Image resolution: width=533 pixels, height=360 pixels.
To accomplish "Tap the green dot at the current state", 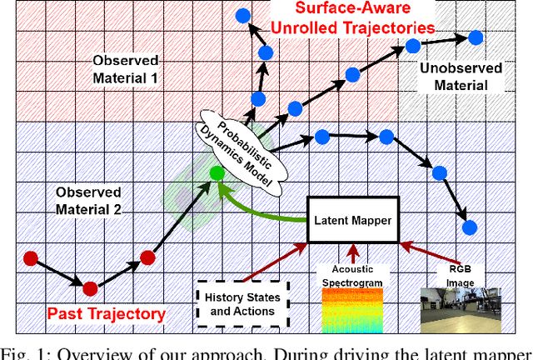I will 217,174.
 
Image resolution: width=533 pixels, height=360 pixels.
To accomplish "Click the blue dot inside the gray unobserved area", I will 476,37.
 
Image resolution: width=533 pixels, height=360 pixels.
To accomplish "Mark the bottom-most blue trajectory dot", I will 469,226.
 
